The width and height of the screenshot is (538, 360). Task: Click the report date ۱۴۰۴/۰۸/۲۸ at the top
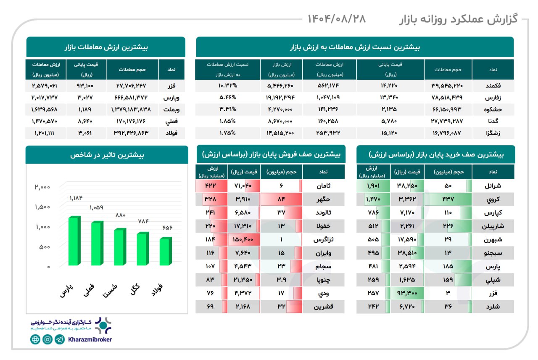(x=337, y=19)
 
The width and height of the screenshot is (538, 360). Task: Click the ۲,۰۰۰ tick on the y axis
(x=43, y=187)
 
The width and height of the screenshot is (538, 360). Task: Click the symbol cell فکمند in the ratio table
(x=493, y=86)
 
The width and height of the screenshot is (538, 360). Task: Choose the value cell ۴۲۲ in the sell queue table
(x=210, y=185)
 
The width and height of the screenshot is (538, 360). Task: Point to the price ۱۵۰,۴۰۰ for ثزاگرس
(x=243, y=239)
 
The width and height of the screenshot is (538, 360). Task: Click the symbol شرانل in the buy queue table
(x=492, y=185)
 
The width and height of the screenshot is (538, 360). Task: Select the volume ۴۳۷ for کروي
(x=448, y=199)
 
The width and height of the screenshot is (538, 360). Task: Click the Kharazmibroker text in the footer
(x=90, y=339)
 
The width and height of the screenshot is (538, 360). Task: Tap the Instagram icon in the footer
(x=47, y=339)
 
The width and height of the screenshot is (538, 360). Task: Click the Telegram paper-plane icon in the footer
(x=60, y=339)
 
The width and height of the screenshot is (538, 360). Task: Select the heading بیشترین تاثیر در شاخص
(x=107, y=155)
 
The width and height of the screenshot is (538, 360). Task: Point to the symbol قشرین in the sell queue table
(x=323, y=307)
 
